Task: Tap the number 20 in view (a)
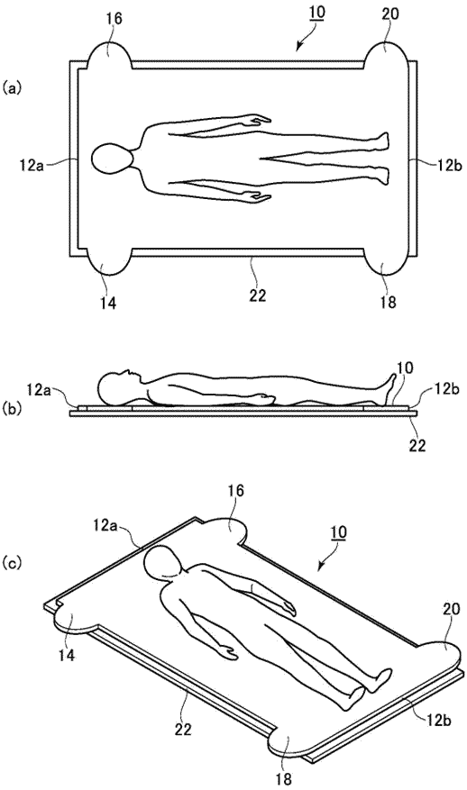[x=390, y=14]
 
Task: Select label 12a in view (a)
[x=30, y=164]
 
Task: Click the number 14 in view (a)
[x=108, y=304]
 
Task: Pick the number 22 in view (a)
[x=258, y=295]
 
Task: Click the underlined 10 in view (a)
[x=316, y=13]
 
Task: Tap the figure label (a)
[x=11, y=88]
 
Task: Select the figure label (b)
[x=11, y=408]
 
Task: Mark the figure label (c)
[x=11, y=562]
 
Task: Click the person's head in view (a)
[x=112, y=159]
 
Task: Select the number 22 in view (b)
[x=417, y=445]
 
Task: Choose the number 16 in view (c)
[x=236, y=491]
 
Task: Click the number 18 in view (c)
[x=284, y=780]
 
